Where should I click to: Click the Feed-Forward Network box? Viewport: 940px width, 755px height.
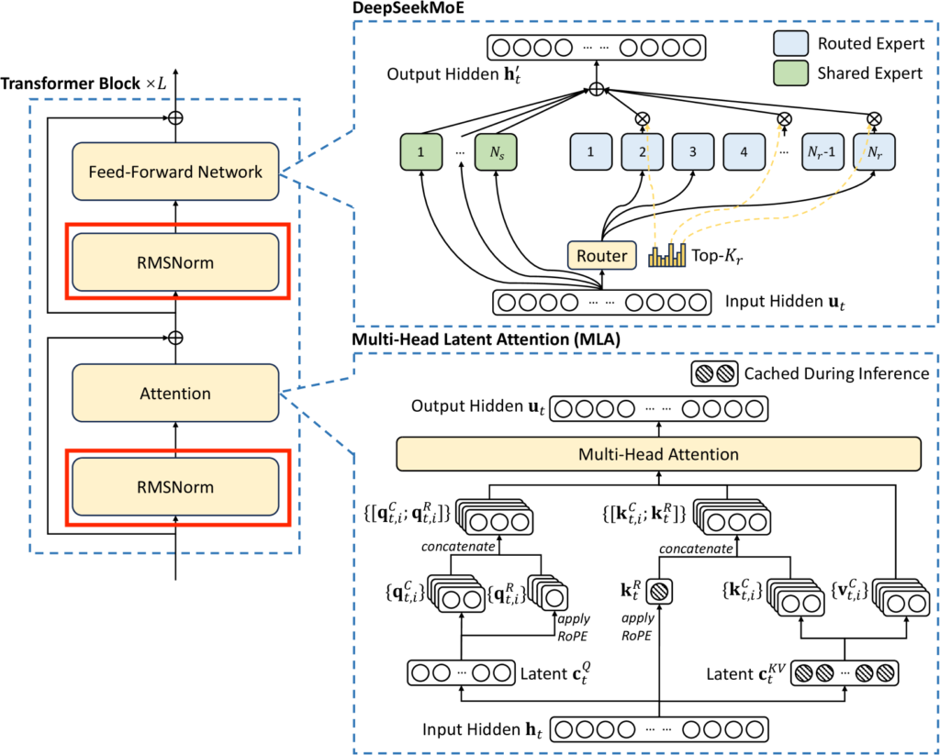pyautogui.click(x=175, y=172)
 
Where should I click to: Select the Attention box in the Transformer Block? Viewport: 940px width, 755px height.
pyautogui.click(x=175, y=394)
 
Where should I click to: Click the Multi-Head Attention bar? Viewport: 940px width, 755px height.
pyautogui.click(x=658, y=454)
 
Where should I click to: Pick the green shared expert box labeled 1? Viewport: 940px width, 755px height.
pyautogui.click(x=420, y=152)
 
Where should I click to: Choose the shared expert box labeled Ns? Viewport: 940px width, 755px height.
pyautogui.click(x=496, y=152)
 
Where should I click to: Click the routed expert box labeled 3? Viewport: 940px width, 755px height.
pyautogui.click(x=692, y=152)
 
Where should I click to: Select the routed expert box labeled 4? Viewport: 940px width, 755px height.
pyautogui.click(x=744, y=152)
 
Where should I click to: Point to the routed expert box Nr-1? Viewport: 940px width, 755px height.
pyautogui.click(x=822, y=152)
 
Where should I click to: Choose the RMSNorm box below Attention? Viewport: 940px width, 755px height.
pyautogui.click(x=175, y=487)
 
